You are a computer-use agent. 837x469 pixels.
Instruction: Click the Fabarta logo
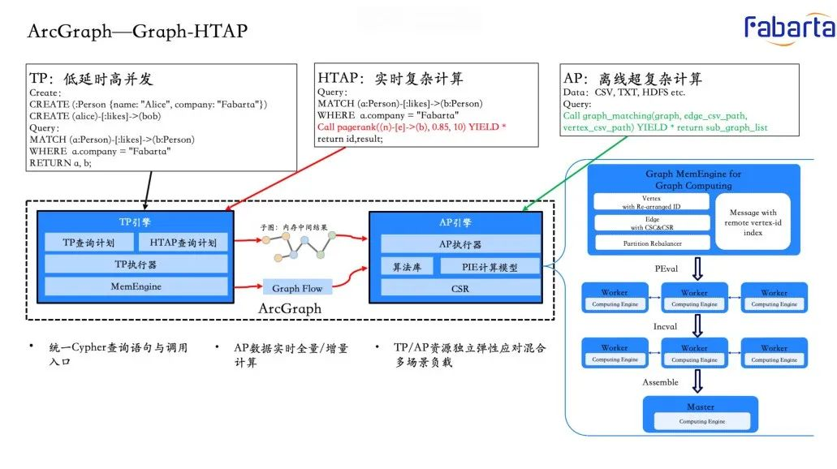pos(789,28)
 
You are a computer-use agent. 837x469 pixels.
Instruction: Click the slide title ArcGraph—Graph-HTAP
pos(137,31)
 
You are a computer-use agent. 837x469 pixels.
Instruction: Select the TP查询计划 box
pos(89,243)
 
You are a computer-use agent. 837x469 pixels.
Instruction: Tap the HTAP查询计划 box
pos(183,243)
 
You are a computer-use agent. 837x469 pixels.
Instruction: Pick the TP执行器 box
pos(136,264)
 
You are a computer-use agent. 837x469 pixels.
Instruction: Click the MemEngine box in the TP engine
pos(136,286)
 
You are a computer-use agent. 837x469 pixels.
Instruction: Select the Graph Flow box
pos(296,288)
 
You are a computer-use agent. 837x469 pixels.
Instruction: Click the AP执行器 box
pos(460,243)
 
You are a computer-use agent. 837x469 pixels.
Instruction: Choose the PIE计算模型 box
pos(490,266)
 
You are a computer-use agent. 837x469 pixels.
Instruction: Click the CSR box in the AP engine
pos(460,288)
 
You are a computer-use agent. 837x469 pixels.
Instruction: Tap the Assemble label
pos(660,382)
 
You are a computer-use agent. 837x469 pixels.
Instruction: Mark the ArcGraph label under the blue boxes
pos(290,309)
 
